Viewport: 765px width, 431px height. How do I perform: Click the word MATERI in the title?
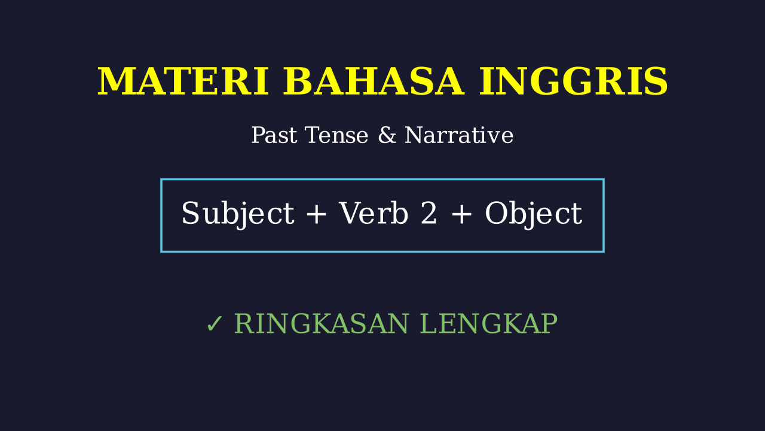183,81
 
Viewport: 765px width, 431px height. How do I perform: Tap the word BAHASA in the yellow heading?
374,81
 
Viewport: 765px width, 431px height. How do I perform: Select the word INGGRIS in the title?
573,81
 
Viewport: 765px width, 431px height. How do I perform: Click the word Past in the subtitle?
274,135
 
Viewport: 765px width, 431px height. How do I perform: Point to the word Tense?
336,135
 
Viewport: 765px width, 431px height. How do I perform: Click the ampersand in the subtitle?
387,135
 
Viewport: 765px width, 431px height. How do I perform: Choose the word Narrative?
459,135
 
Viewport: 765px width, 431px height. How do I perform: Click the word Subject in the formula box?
238,214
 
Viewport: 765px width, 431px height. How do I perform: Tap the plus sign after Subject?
316,214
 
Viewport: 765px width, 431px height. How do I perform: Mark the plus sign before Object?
461,214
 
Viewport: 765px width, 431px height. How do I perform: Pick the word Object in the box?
534,214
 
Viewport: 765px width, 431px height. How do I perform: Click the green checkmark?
215,324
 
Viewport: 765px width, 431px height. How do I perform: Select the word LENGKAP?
489,324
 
